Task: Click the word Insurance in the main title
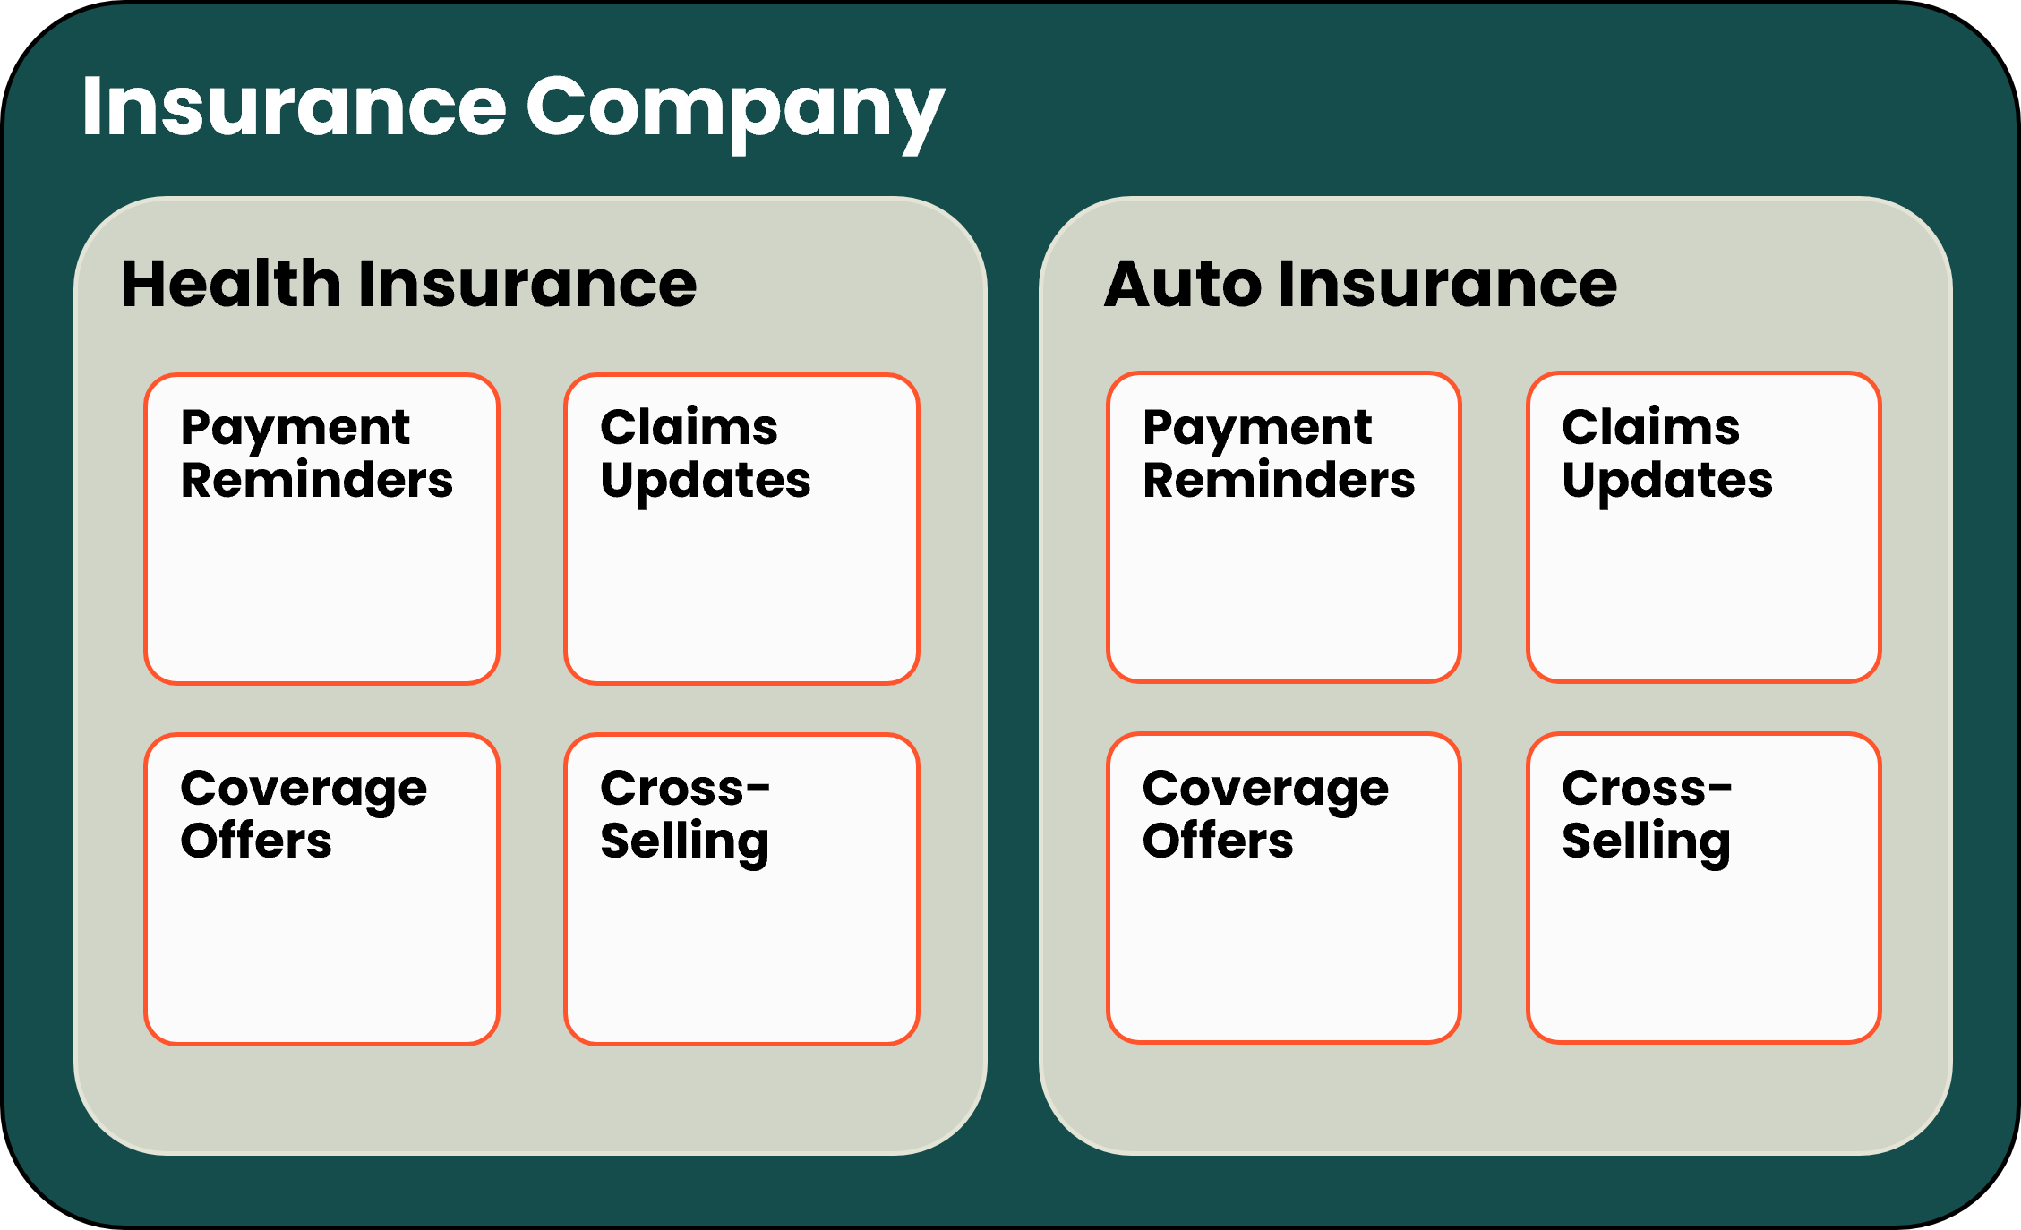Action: click(x=294, y=107)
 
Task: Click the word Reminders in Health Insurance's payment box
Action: click(x=317, y=481)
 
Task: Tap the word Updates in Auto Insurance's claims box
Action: click(x=1667, y=482)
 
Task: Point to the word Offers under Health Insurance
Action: click(x=256, y=841)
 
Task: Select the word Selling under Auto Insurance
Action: click(x=1646, y=841)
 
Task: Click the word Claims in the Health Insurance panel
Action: click(x=689, y=427)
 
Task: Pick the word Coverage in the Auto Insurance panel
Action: click(x=1265, y=790)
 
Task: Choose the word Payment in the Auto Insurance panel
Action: click(x=1257, y=428)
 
